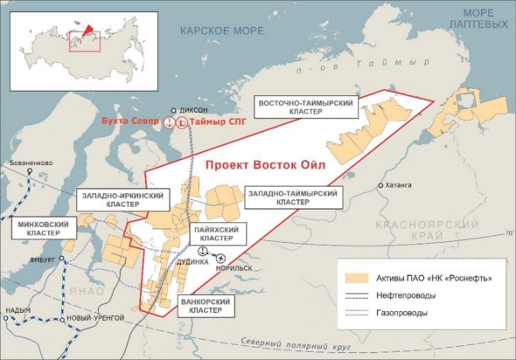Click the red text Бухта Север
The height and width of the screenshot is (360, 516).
131,124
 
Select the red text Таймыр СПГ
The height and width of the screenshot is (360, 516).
213,124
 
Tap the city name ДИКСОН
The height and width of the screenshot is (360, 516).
194,110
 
